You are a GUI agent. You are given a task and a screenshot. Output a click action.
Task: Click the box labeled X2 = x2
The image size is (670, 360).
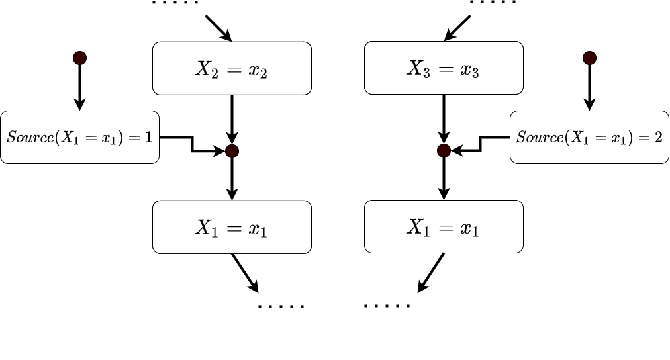[x=232, y=68]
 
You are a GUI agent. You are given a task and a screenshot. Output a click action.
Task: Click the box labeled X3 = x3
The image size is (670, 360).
[x=444, y=68]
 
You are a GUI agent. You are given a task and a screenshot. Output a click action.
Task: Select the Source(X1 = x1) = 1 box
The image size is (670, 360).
[x=79, y=138]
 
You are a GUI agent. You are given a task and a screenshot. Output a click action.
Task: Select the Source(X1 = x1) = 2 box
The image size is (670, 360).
[x=589, y=138]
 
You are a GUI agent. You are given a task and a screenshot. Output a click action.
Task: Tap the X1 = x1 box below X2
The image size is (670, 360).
[x=232, y=227]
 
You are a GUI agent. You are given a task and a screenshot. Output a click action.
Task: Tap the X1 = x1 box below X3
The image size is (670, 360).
[x=444, y=227]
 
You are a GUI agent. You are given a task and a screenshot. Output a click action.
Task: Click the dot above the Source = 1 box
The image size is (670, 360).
[x=79, y=58]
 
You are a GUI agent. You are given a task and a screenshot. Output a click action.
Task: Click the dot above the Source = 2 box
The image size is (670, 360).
[x=589, y=58]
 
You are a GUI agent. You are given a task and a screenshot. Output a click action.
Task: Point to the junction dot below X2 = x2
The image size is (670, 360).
[x=232, y=151]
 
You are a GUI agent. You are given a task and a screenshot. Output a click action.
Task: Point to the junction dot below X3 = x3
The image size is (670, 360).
[x=444, y=151]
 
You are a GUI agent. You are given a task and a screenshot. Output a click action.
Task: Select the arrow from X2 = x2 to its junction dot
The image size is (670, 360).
[x=232, y=119]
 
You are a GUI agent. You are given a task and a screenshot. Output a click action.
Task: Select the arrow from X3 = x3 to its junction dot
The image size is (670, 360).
[x=444, y=119]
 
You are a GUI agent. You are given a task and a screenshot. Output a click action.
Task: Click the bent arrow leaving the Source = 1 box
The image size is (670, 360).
[x=192, y=144]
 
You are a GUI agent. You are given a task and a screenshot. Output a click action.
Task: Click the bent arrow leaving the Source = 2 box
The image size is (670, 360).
[x=482, y=144]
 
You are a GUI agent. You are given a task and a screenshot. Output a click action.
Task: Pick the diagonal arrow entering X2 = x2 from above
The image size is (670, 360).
[x=218, y=27]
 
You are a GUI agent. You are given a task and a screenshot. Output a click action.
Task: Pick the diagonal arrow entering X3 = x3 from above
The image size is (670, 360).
[x=457, y=27]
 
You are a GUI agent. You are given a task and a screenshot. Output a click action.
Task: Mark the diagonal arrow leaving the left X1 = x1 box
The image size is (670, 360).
[x=244, y=272]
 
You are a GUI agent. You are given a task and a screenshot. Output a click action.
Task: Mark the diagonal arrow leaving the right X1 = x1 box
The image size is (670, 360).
[x=431, y=272]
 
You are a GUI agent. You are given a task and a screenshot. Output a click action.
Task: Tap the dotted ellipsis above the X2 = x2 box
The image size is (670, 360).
[x=175, y=3]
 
